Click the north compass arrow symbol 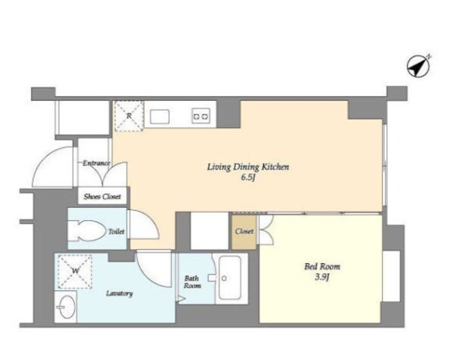(418, 66)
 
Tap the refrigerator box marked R (129, 116)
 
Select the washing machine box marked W (75, 272)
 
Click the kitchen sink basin (160, 116)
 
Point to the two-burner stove (201, 116)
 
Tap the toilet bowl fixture (87, 231)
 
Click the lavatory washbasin (66, 307)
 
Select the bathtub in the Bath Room (230, 278)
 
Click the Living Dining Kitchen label (248, 167)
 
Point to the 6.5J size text (248, 178)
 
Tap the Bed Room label (322, 266)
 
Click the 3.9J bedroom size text (322, 278)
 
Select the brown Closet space (244, 231)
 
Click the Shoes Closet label (102, 197)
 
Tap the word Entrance (96, 163)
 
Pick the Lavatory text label (120, 293)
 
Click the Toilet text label (117, 231)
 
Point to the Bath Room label (192, 282)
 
